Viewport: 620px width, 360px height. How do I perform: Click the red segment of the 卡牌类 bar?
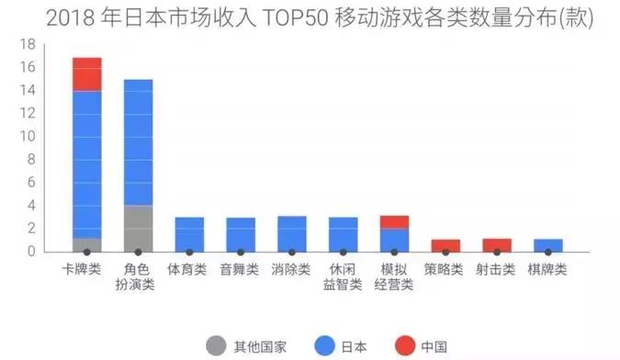[x=86, y=74]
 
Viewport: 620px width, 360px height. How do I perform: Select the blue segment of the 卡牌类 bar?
[x=86, y=165]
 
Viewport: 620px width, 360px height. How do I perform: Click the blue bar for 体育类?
[x=189, y=234]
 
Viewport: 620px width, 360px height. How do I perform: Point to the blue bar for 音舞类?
[x=241, y=234]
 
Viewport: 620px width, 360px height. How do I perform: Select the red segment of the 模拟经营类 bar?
[x=394, y=222]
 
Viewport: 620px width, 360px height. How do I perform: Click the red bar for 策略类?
[x=445, y=245]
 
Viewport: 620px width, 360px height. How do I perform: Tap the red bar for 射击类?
[x=497, y=245]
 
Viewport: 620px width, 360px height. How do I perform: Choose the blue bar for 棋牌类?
[x=548, y=245]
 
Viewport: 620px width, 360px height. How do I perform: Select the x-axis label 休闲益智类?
[x=343, y=277]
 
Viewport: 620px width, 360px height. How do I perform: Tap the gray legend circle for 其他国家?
[x=217, y=346]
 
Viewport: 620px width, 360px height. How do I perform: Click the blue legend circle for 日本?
[x=323, y=346]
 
